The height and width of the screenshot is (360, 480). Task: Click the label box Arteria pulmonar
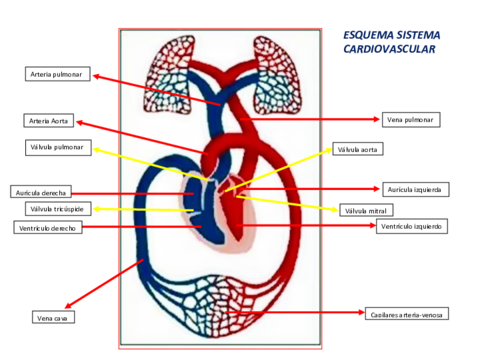pos(57,73)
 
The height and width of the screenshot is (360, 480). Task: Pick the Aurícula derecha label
pos(41,192)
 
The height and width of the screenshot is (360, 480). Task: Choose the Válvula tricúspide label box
pos(56,209)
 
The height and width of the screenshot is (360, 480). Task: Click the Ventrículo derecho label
pos(48,228)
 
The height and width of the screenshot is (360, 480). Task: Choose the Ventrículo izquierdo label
pos(411,227)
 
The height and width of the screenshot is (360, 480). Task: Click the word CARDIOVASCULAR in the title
pos(389,47)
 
